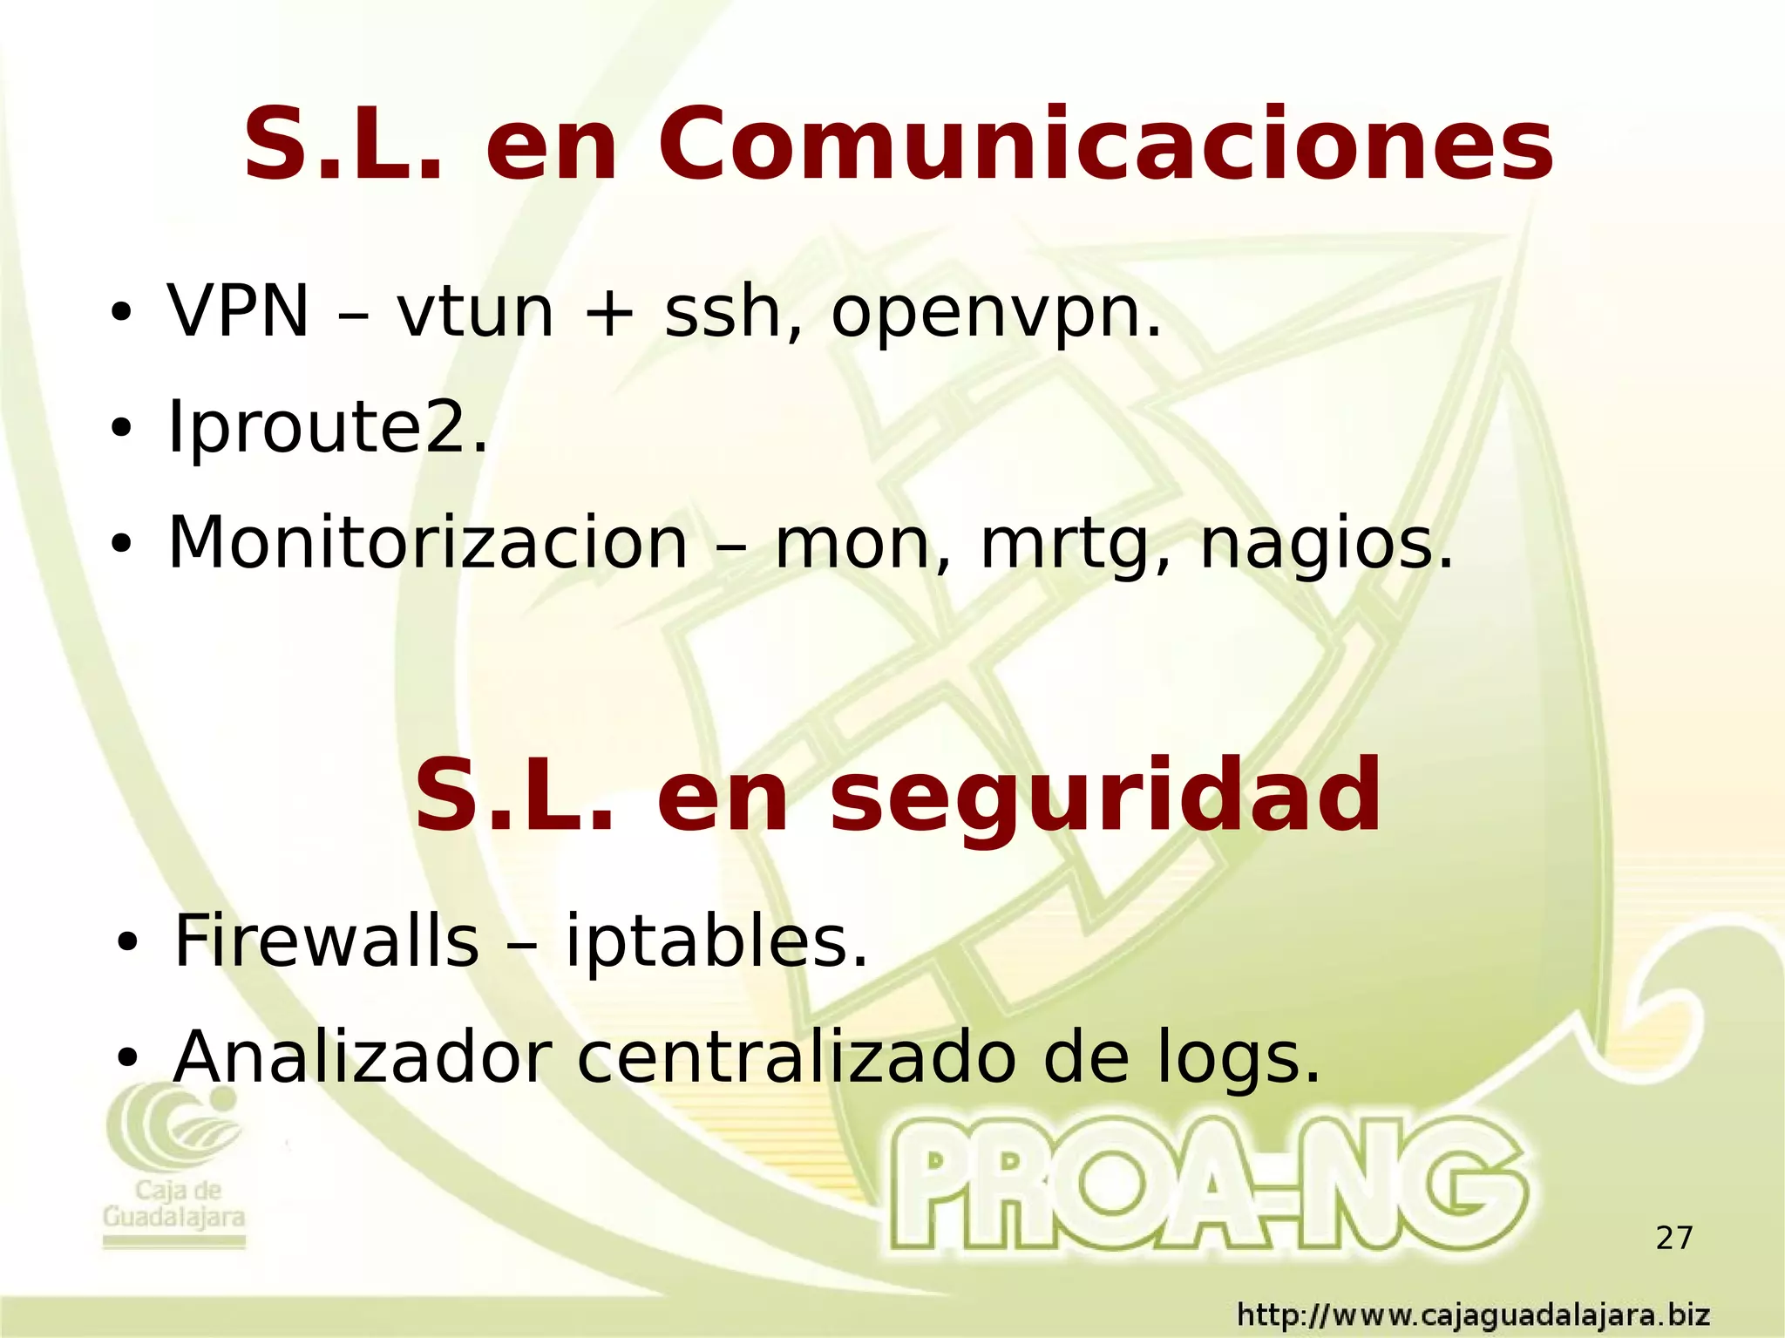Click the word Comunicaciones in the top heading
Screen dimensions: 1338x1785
tap(1105, 145)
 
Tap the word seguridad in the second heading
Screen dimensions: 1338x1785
tap(1105, 796)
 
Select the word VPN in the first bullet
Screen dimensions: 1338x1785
tap(238, 311)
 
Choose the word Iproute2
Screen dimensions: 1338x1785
tap(327, 427)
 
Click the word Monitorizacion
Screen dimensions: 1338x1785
tap(427, 542)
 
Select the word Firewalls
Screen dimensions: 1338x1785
tap(326, 941)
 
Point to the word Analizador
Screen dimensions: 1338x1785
tap(363, 1057)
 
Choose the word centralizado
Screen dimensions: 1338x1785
tap(796, 1057)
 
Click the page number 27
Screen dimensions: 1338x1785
tap(1673, 1238)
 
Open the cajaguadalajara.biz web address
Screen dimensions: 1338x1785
tap(1473, 1314)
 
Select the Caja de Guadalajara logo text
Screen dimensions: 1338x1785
tap(174, 1205)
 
